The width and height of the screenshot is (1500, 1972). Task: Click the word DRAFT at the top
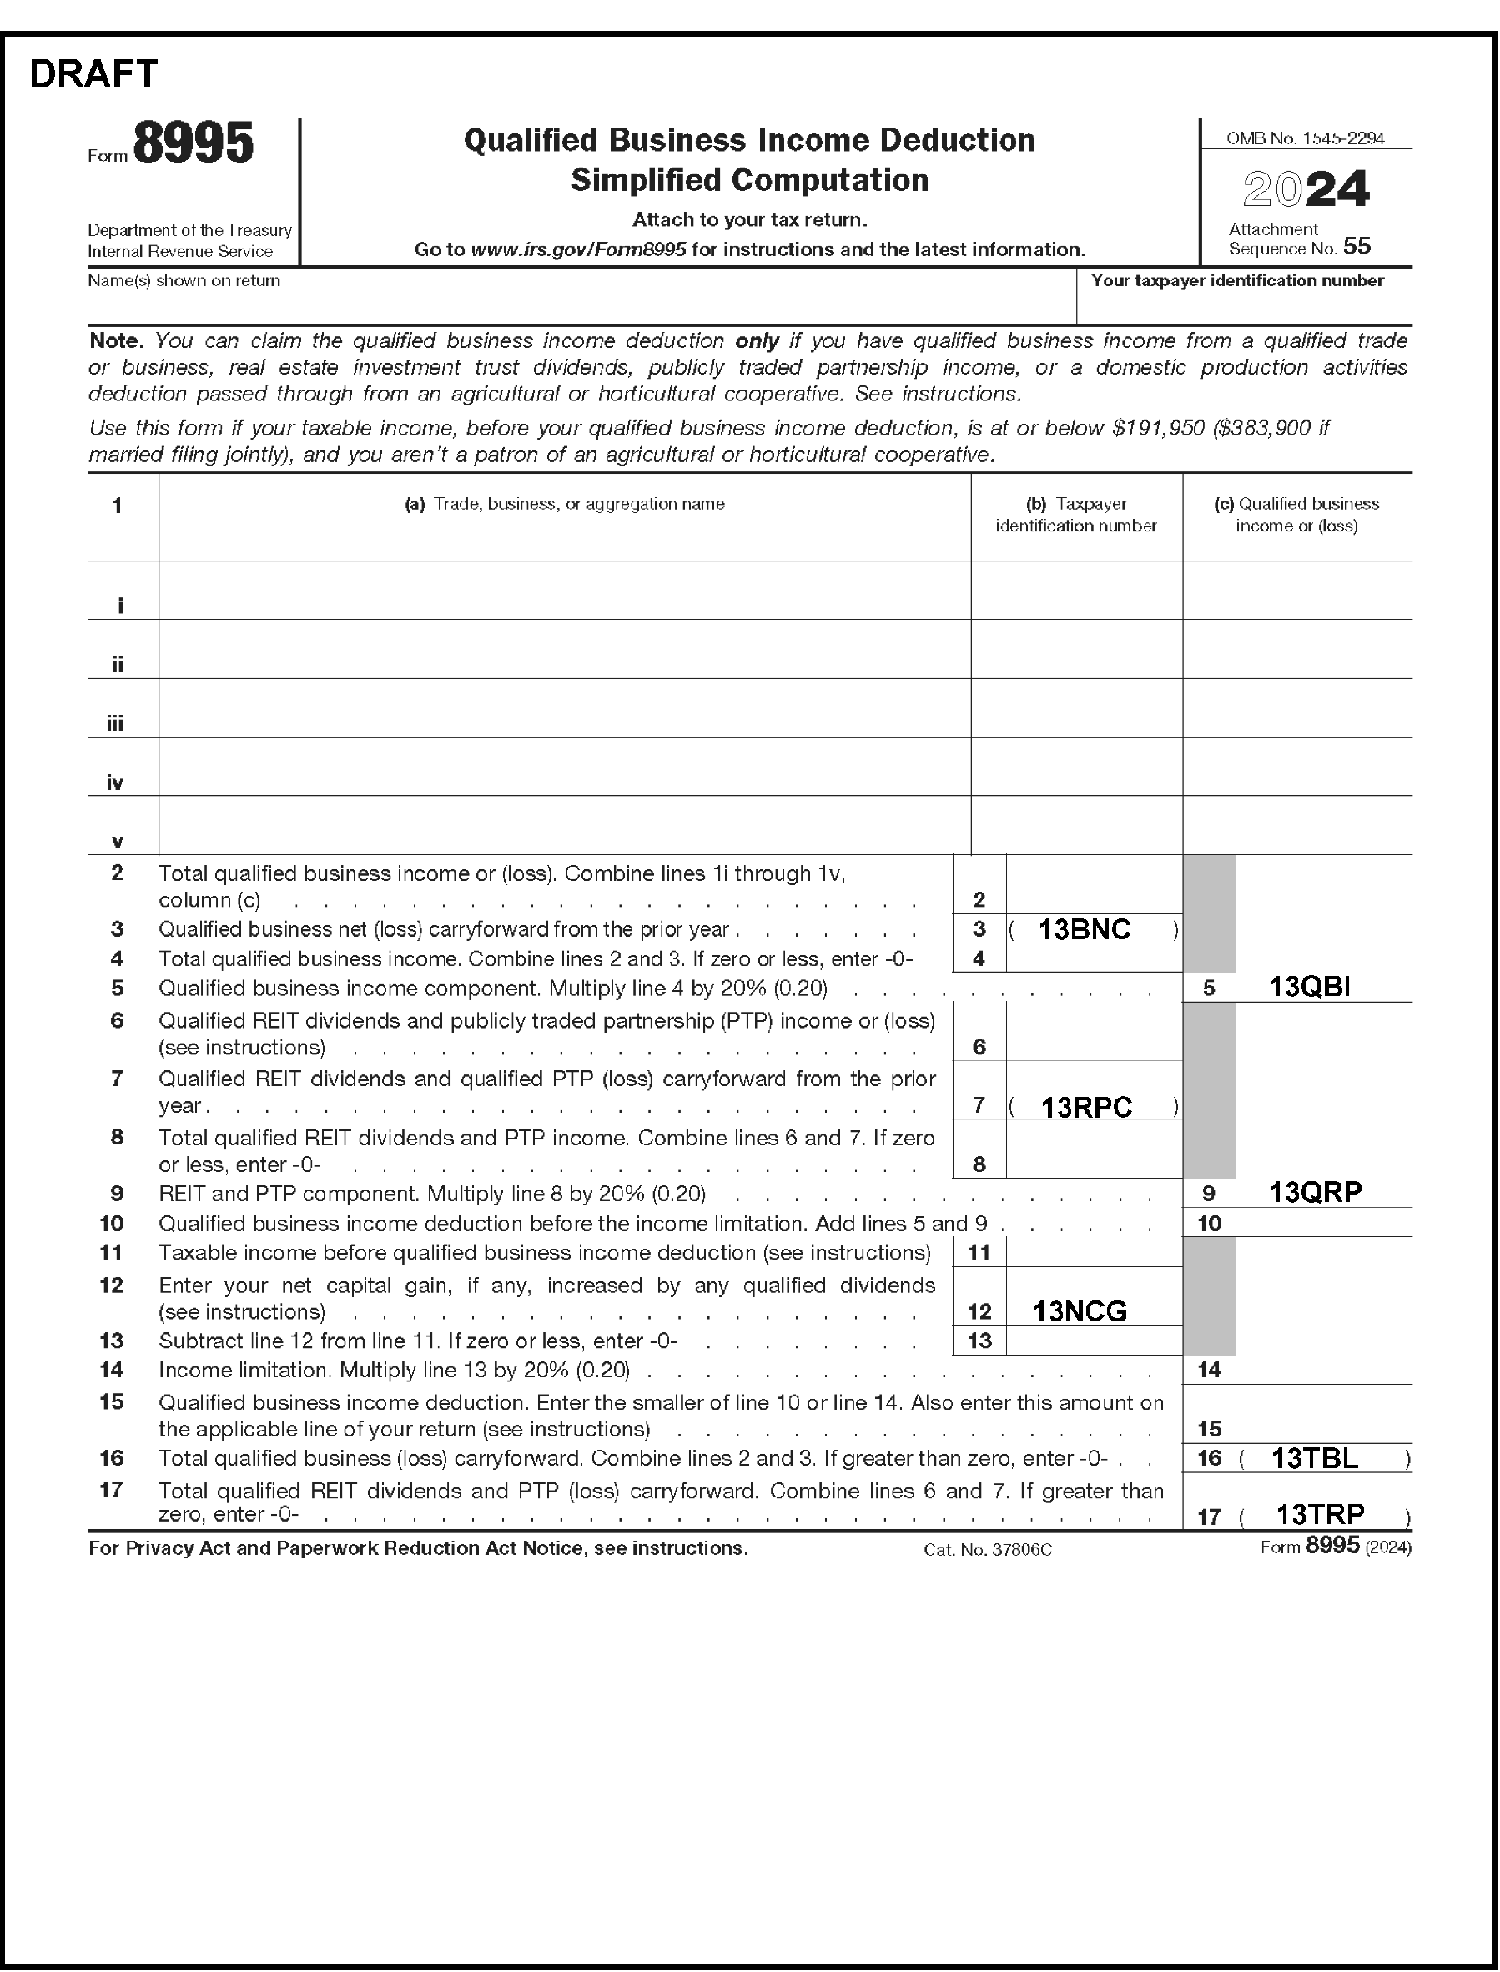(93, 74)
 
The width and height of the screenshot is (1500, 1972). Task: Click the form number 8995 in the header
(194, 143)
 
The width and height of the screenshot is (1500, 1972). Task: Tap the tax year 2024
(1306, 189)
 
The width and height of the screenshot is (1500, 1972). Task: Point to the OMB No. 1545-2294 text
(1306, 138)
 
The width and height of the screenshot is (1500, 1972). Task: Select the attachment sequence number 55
(1357, 246)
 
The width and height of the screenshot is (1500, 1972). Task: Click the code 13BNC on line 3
(1084, 929)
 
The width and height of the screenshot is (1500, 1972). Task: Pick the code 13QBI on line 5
(1309, 987)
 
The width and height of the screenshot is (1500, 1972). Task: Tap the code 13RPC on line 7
(1085, 1107)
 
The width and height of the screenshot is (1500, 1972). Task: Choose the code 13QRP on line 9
(1315, 1192)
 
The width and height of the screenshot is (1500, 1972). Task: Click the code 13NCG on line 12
(1080, 1310)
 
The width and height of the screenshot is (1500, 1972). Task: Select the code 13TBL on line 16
(1314, 1458)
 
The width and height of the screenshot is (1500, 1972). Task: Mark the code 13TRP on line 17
(1320, 1514)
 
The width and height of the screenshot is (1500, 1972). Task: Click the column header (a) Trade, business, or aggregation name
(564, 505)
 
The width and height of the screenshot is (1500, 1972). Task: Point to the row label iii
(115, 723)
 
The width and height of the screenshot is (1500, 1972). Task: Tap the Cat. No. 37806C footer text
(988, 1550)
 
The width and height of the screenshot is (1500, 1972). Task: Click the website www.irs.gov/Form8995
(577, 250)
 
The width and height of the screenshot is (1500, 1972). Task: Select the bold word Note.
(116, 341)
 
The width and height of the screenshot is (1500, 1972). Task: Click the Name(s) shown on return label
(184, 281)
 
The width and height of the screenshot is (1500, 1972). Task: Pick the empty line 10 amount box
(1323, 1222)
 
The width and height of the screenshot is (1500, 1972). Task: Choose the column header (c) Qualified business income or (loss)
(1296, 515)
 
